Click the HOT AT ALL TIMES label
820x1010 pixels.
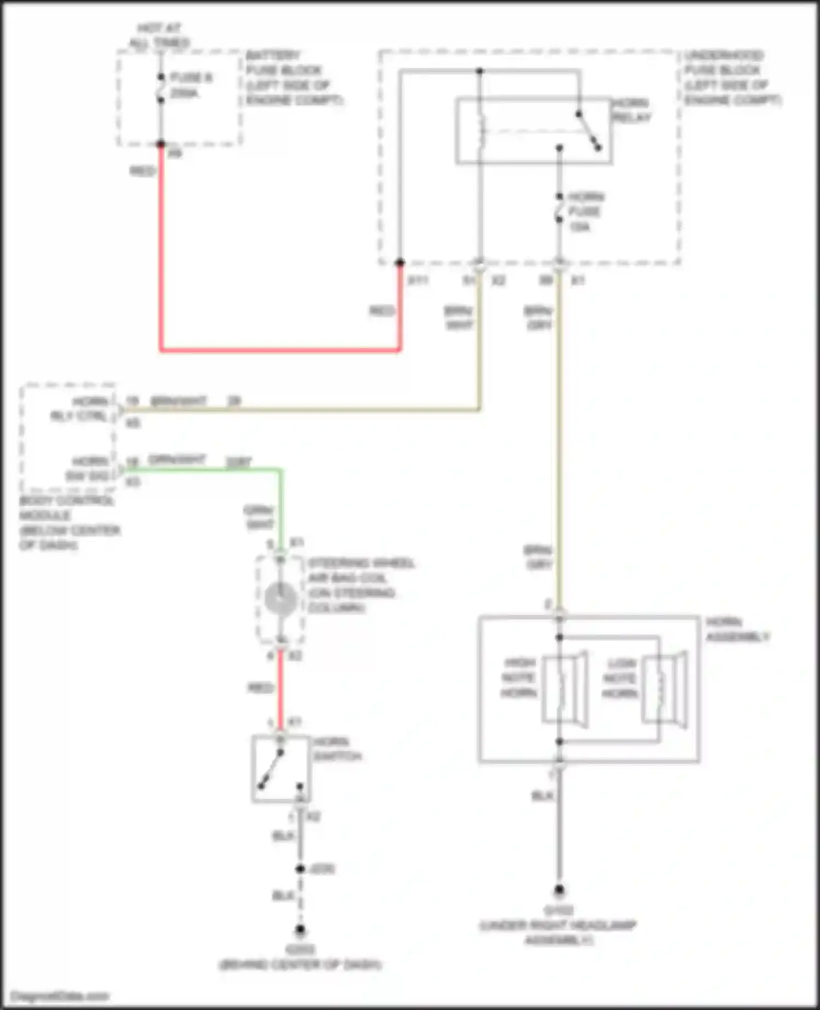159,35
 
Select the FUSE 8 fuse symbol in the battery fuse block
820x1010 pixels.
161,88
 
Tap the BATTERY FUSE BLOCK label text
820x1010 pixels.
294,78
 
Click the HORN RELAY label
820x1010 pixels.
631,110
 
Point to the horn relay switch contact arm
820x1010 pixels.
589,131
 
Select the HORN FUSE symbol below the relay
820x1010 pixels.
559,208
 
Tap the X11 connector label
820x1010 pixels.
418,281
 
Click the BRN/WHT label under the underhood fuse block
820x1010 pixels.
459,318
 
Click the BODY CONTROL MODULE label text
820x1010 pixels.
68,523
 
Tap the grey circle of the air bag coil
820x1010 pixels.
280,598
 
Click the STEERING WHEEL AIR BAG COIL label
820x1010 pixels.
361,585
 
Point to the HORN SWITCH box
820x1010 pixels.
281,769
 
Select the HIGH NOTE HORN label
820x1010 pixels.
519,678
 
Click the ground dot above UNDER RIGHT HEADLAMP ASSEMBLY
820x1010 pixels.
559,890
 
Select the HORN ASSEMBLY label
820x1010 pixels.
737,629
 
